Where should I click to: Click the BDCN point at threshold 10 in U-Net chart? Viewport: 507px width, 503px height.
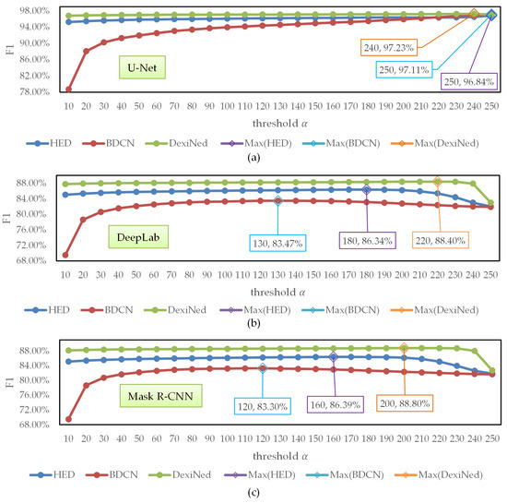pyautogui.click(x=69, y=90)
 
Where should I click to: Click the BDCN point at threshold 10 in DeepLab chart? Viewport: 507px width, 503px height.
pyautogui.click(x=69, y=255)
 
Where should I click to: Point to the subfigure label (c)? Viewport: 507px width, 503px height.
pyautogui.click(x=253, y=494)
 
